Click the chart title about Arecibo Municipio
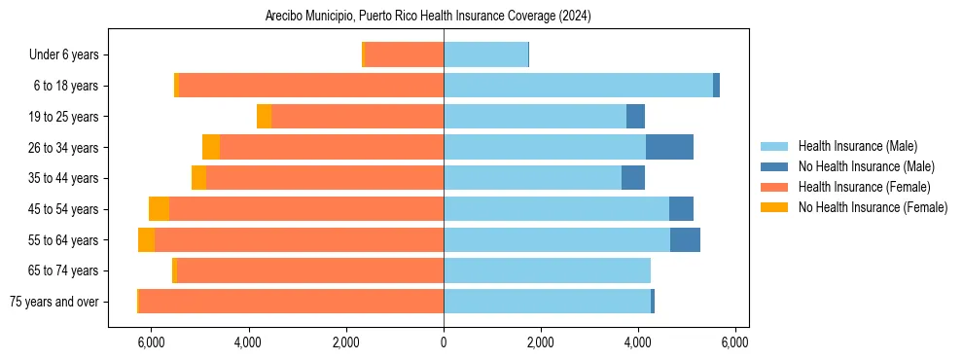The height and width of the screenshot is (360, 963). [428, 17]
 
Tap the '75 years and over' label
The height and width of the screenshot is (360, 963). [54, 302]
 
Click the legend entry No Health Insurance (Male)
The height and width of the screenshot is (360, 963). [866, 166]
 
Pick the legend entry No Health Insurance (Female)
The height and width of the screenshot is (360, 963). [873, 207]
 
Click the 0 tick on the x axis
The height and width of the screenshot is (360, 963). [444, 342]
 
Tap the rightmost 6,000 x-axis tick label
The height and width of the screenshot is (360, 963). [734, 342]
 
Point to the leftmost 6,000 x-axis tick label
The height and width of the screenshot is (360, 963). [152, 342]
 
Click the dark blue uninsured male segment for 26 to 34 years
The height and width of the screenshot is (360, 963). [669, 147]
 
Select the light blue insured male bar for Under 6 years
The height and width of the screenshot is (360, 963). [485, 54]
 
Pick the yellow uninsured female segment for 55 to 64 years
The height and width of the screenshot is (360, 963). [146, 239]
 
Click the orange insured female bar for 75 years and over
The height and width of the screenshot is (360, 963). [291, 301]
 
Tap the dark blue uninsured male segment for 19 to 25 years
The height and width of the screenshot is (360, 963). [635, 116]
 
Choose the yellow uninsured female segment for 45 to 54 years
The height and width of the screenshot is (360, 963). [159, 208]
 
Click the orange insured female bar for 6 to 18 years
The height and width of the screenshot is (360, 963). [311, 86]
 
